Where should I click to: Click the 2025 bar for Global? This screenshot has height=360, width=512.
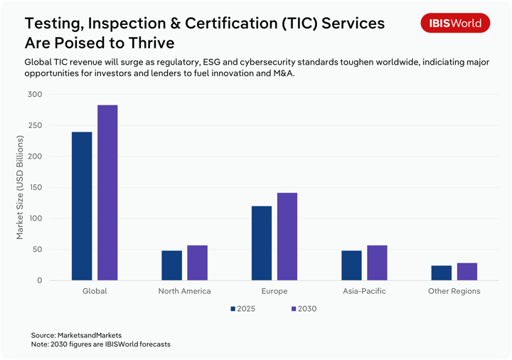pos(82,206)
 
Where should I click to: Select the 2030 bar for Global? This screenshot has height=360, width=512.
pos(107,193)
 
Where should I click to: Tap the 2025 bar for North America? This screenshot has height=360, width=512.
pos(171,265)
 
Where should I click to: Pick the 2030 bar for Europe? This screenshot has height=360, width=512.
pos(287,236)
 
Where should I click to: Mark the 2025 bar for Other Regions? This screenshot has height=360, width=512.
pos(442,273)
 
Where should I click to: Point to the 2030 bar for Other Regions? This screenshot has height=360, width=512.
pos(467,272)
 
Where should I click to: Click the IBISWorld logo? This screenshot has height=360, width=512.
pos(455,23)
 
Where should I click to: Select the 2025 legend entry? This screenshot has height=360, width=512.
pos(242,309)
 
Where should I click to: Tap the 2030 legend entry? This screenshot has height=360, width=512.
pos(304,309)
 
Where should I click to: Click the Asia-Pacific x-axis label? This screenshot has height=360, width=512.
pos(364,291)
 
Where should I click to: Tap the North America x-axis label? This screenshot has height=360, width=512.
pos(184,291)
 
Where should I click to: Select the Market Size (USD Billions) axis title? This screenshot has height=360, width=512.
pos(20,188)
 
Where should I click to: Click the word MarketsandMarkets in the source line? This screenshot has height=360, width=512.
pos(90,334)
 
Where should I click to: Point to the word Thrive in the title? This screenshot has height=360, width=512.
pos(148,42)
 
